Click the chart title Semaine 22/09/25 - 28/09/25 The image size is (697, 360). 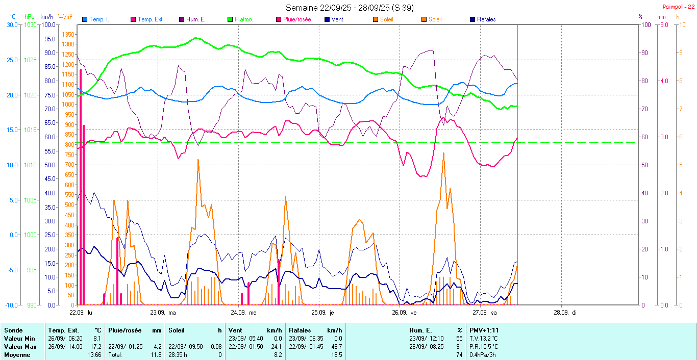[350, 8]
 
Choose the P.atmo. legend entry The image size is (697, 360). [243, 19]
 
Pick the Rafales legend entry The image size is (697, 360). [486, 19]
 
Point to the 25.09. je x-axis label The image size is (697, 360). [325, 312]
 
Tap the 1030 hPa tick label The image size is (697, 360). [31, 24]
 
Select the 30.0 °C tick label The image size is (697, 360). [11, 24]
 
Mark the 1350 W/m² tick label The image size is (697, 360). [67, 35]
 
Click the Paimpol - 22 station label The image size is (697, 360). [678, 6]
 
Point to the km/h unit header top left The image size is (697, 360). [46, 17]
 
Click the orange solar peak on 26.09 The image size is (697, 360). [443, 153]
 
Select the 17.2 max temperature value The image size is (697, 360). [96, 346]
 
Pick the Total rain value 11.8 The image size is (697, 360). [157, 354]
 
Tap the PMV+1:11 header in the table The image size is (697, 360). [484, 330]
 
